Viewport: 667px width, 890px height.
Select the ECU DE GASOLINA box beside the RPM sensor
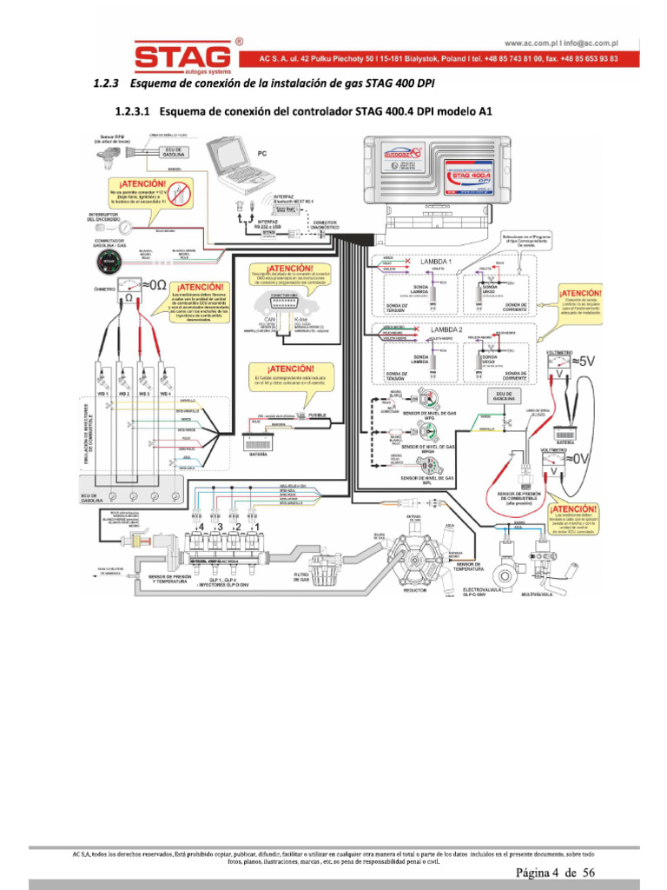[174, 151]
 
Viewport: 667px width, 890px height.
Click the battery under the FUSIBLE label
[258, 439]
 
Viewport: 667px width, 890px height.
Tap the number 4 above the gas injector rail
[201, 526]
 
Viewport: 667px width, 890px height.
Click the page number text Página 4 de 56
[556, 872]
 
